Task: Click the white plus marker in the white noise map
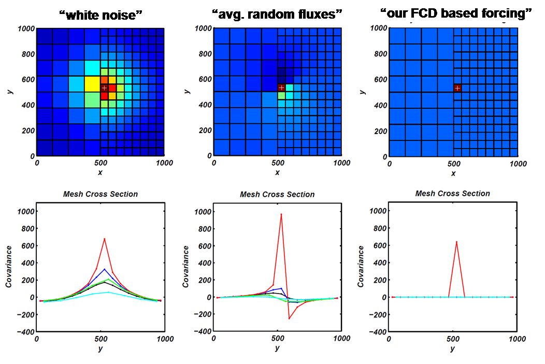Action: [x=105, y=88]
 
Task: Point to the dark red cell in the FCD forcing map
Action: [x=457, y=88]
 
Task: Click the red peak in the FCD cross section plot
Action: [x=456, y=241]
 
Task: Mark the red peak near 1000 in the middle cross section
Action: [x=281, y=214]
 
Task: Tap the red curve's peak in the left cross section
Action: [x=104, y=239]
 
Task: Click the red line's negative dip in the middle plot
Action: [x=289, y=318]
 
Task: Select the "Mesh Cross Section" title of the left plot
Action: [x=101, y=194]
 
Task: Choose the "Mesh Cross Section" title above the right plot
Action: [x=452, y=193]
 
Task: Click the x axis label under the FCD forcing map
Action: [x=453, y=173]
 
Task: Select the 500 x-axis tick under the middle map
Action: [x=278, y=163]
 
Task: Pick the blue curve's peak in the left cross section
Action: [x=104, y=269]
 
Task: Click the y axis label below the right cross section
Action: [x=452, y=348]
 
